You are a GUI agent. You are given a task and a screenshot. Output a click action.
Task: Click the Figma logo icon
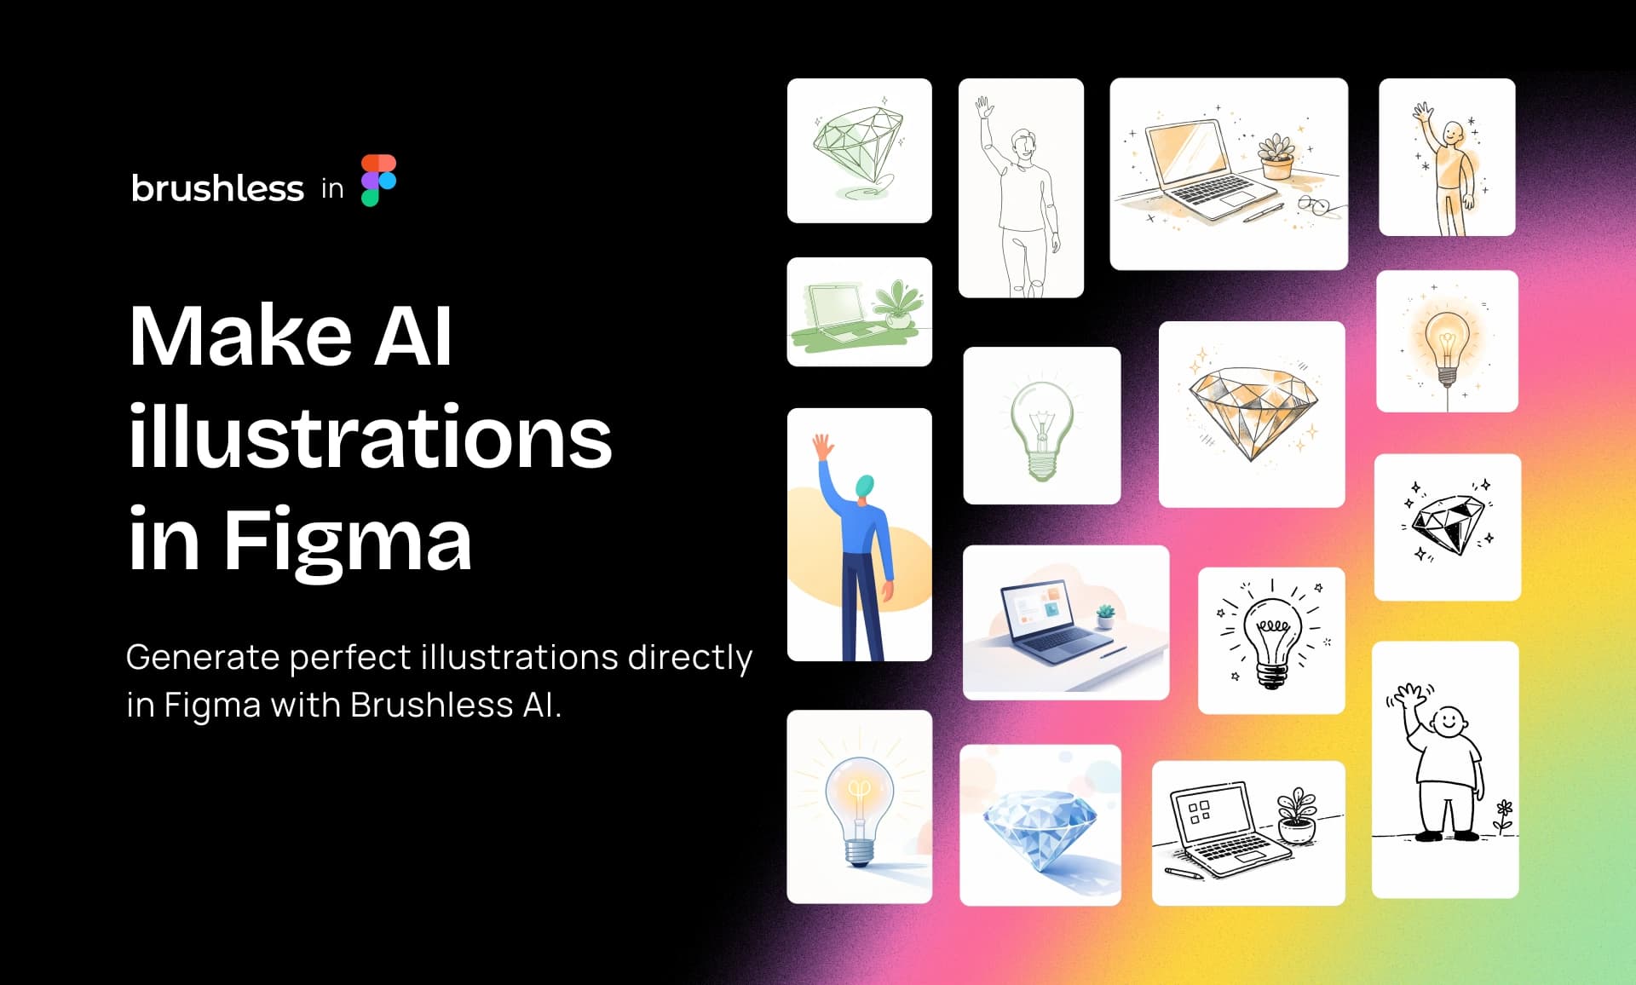pyautogui.click(x=378, y=181)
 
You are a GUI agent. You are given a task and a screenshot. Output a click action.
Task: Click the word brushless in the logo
pyautogui.click(x=217, y=188)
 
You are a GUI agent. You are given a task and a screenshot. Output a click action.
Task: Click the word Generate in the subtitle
pyautogui.click(x=203, y=658)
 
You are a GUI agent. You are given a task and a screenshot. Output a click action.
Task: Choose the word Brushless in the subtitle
pyautogui.click(x=431, y=706)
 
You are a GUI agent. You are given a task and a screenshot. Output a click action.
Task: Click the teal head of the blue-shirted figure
pyautogui.click(x=866, y=487)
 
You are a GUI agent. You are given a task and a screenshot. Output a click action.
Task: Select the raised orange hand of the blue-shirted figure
pyautogui.click(x=822, y=447)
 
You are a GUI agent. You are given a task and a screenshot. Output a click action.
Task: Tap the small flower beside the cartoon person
pyautogui.click(x=1504, y=815)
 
